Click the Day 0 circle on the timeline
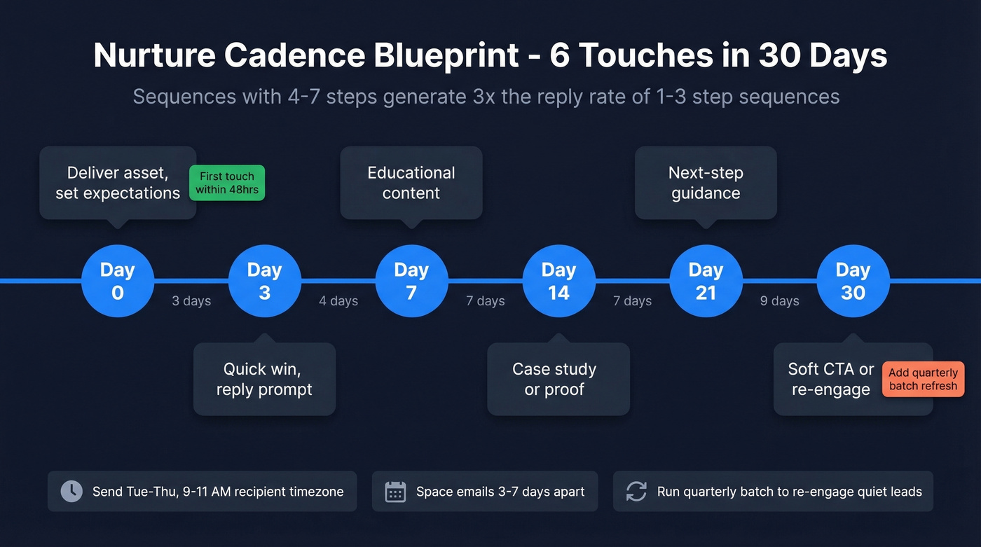tap(118, 281)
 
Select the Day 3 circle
tap(265, 281)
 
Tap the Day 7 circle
tap(411, 281)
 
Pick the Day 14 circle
tap(558, 281)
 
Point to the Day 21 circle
tap(706, 281)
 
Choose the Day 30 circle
tap(853, 281)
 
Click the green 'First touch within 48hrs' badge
tap(227, 183)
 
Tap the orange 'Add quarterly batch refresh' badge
tap(923, 380)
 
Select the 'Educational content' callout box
tap(411, 183)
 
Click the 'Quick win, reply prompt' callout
tap(264, 379)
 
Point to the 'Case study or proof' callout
tap(558, 379)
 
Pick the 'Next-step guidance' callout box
tap(706, 183)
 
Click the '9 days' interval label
tap(780, 301)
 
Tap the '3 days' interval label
tap(191, 301)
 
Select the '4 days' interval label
tap(338, 301)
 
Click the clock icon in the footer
tap(71, 491)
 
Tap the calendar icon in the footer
tap(396, 491)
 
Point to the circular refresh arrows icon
tap(636, 491)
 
